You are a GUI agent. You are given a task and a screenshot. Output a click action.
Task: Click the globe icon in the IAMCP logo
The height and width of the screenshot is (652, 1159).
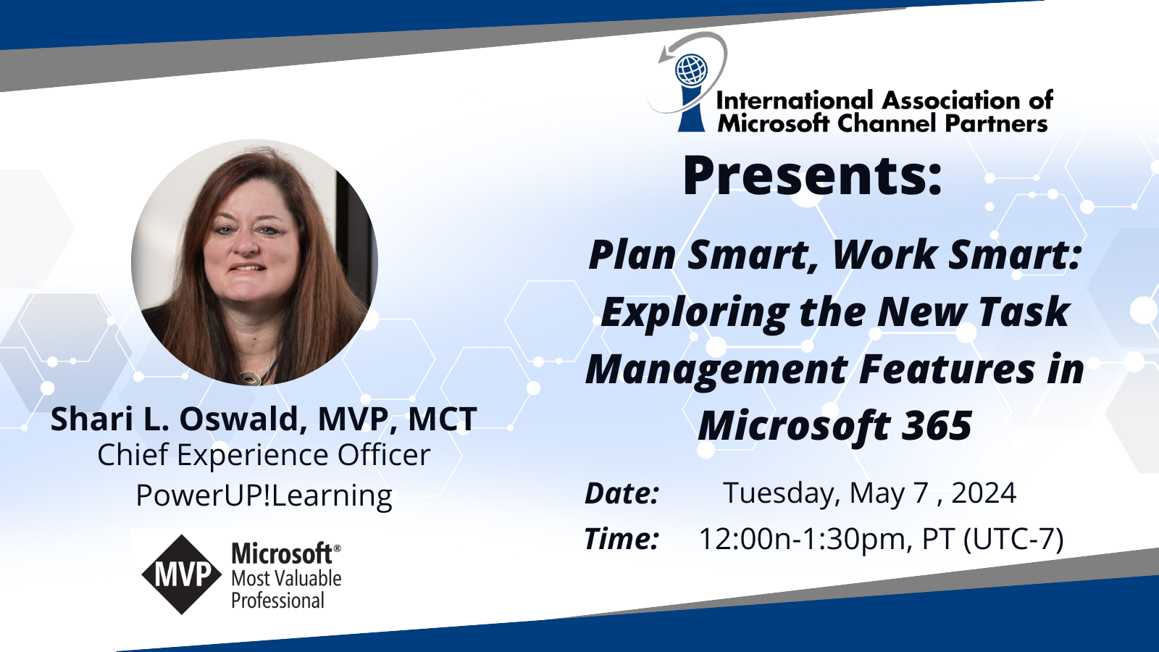[692, 70]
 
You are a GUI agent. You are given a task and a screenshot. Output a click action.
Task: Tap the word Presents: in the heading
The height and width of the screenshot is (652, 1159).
[812, 175]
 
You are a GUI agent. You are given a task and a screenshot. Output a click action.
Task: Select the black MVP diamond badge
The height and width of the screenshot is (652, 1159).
[182, 574]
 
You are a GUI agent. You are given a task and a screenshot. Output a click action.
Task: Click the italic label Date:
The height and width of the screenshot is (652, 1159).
[622, 493]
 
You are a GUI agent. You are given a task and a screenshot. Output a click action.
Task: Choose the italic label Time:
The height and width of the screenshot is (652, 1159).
[622, 538]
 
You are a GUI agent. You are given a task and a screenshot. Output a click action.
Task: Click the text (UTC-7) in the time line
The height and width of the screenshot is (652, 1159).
[1013, 539]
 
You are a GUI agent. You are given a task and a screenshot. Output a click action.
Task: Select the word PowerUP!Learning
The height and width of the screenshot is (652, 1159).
[264, 496]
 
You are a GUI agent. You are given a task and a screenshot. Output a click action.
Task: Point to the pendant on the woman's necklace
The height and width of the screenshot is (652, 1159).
[251, 380]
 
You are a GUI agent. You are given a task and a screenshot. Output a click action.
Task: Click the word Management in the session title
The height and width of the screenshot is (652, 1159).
[716, 370]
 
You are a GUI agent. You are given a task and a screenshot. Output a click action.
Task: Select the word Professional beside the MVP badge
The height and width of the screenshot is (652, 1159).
[277, 601]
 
